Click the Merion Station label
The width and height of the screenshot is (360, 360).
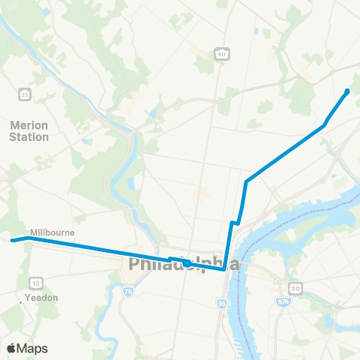pyautogui.click(x=30, y=131)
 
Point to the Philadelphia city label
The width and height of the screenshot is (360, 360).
pyautogui.click(x=184, y=265)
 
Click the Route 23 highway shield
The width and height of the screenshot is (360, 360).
pyautogui.click(x=25, y=94)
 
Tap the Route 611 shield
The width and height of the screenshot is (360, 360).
pyautogui.click(x=221, y=54)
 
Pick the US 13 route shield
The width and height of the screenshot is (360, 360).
pyautogui.click(x=35, y=282)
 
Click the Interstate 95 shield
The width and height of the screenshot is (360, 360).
pyautogui.click(x=223, y=304)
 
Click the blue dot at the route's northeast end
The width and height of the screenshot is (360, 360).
pyautogui.click(x=347, y=91)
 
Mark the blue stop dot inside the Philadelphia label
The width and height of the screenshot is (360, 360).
pyautogui.click(x=185, y=263)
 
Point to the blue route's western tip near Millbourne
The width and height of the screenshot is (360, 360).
pyautogui.click(x=11, y=241)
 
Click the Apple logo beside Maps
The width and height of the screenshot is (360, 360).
pyautogui.click(x=12, y=348)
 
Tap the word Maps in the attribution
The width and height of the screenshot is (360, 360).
pyautogui.click(x=34, y=348)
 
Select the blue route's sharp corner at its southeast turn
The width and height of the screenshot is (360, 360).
pyautogui.click(x=224, y=270)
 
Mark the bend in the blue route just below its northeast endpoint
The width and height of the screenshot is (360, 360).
pyautogui.click(x=325, y=124)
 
